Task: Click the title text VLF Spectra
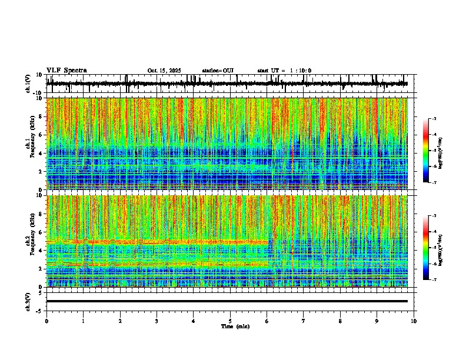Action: (66, 71)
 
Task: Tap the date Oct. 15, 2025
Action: (164, 71)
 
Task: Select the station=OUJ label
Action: (218, 71)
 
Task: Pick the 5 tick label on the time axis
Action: (230, 321)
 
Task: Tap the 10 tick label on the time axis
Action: (414, 321)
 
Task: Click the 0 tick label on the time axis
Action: (46, 321)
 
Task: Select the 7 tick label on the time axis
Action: (304, 321)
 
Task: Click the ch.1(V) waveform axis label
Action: (28, 84)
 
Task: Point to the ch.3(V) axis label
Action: (28, 301)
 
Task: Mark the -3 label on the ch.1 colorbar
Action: (434, 119)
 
